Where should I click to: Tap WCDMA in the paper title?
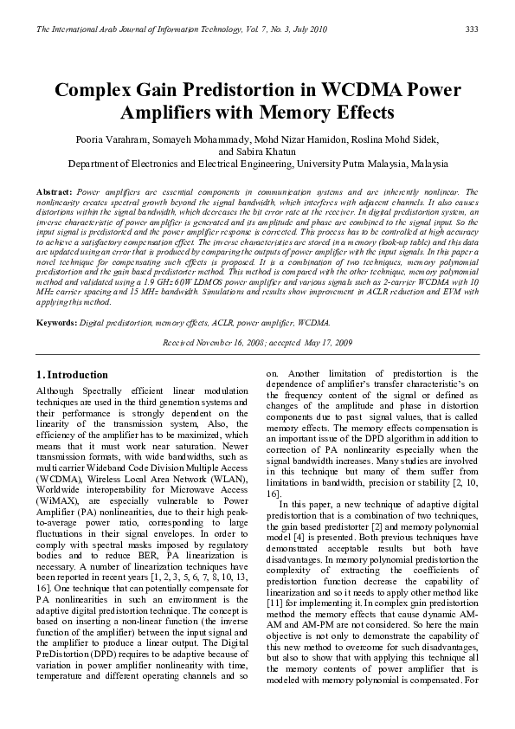[371, 91]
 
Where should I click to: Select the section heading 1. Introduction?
[73, 375]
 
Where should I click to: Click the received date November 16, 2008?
[229, 342]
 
